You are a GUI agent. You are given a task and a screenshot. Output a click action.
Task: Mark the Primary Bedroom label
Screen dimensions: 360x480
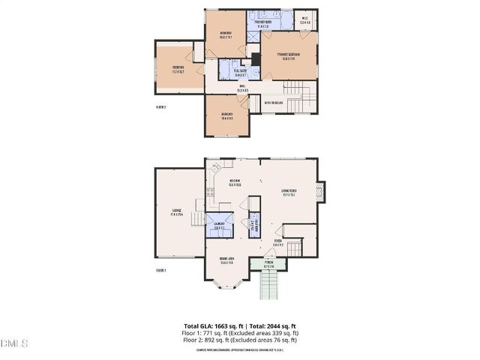pyautogui.click(x=288, y=57)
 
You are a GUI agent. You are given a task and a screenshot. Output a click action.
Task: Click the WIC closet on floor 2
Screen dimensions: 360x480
pyautogui.click(x=305, y=20)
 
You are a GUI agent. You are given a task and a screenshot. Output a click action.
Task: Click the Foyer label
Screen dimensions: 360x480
pyautogui.click(x=277, y=242)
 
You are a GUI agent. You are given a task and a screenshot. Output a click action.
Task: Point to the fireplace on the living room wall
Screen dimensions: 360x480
pyautogui.click(x=323, y=192)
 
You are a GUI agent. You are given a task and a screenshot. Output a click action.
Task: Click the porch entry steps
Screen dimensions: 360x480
pyautogui.click(x=269, y=286)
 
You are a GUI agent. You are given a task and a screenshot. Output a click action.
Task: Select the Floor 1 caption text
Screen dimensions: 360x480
pyautogui.click(x=160, y=270)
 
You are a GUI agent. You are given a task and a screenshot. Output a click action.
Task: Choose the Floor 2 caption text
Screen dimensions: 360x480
pyautogui.click(x=160, y=107)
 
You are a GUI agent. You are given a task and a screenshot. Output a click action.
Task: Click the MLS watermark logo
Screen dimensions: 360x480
pyautogui.click(x=14, y=343)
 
